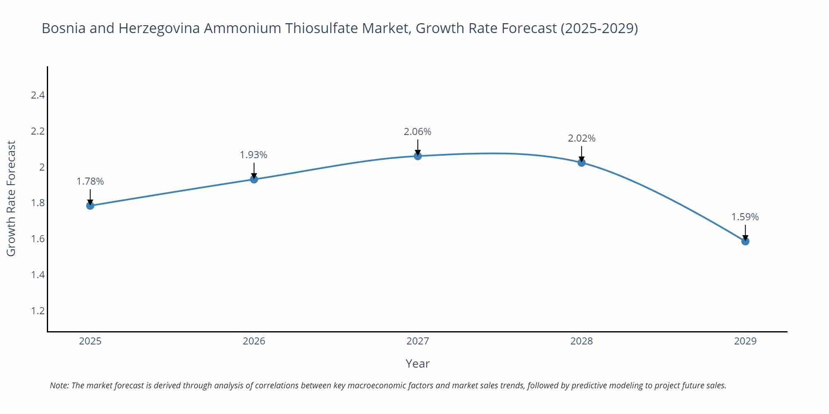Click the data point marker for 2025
(90, 205)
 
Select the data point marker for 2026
(254, 179)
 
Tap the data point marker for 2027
(418, 156)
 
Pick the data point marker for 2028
(582, 163)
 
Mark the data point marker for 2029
(745, 241)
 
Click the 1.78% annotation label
(90, 181)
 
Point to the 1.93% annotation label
(254, 155)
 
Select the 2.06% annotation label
(418, 132)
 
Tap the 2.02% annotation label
(582, 138)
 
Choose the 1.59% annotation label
(745, 217)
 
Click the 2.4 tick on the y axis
(38, 95)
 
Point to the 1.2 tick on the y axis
(38, 310)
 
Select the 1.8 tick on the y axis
(38, 203)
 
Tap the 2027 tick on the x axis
(418, 341)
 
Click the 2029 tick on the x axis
(745, 341)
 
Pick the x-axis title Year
(418, 363)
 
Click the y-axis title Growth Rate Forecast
(12, 199)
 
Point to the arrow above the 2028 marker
(582, 153)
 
